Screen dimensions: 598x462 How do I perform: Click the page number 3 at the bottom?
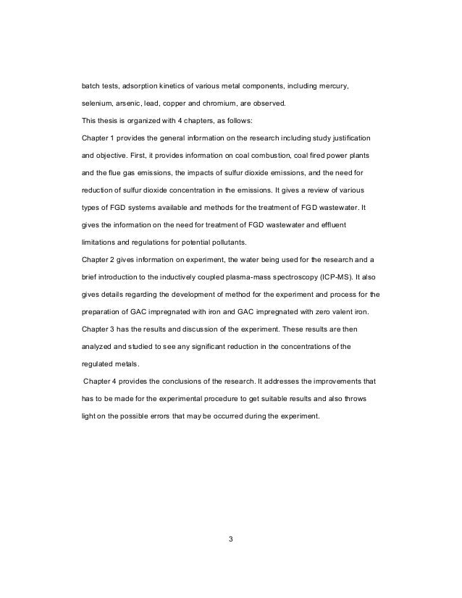(x=231, y=539)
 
